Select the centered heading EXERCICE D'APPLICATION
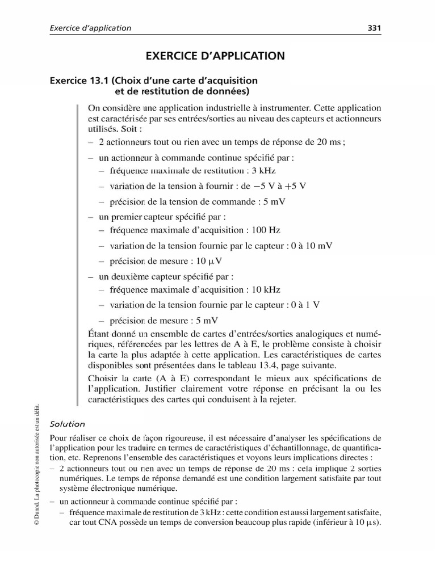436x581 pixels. (x=215, y=56)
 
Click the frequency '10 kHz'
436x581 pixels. (x=265, y=289)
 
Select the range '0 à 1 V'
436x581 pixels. (x=304, y=305)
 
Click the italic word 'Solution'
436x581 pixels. (x=68, y=423)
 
